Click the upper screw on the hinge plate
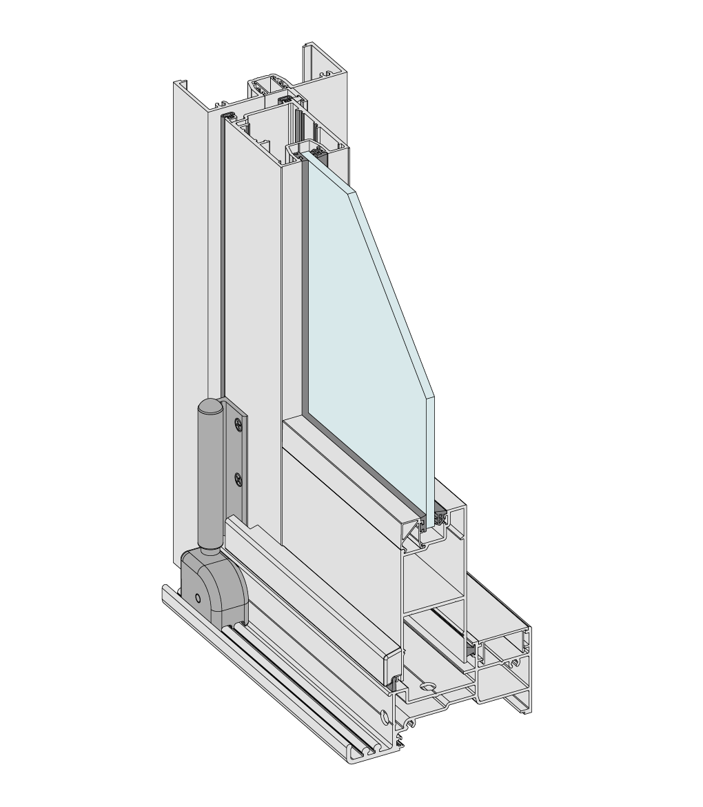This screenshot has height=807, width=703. click(x=239, y=424)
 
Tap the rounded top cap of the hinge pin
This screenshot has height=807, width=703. click(x=210, y=408)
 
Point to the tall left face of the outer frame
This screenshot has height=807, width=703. click(x=190, y=310)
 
